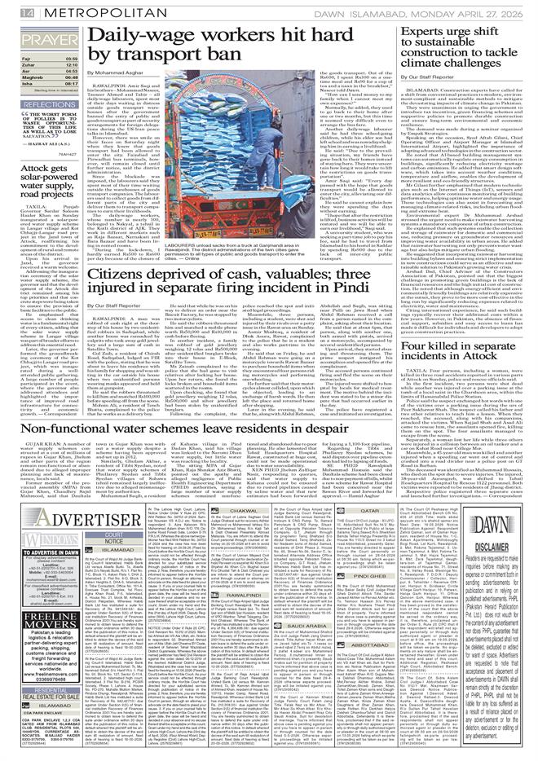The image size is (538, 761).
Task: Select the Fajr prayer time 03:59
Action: [71, 58]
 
